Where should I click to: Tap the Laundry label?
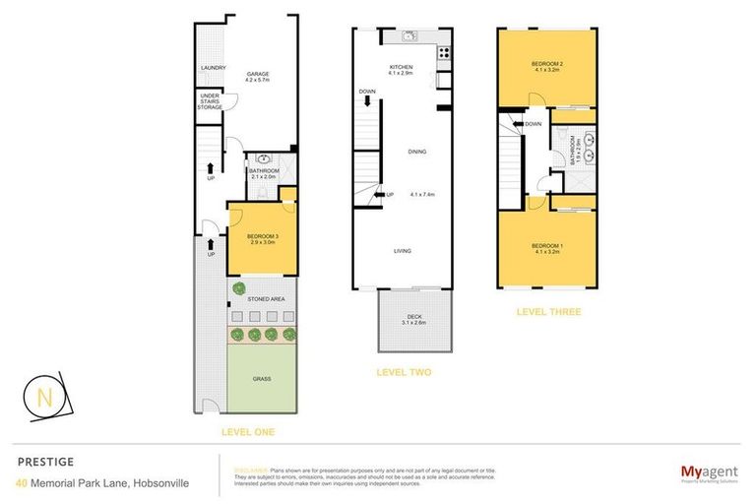pos(214,68)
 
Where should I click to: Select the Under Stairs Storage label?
pos(210,101)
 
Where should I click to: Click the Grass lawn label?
pos(261,378)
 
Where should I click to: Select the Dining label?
pos(417,151)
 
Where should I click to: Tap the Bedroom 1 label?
pos(545,247)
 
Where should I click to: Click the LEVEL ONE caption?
pos(248,432)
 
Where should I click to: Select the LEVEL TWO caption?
pos(405,372)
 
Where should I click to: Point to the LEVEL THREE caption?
pos(548,312)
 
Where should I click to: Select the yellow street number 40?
pos(22,482)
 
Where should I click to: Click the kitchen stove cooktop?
pos(444,53)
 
